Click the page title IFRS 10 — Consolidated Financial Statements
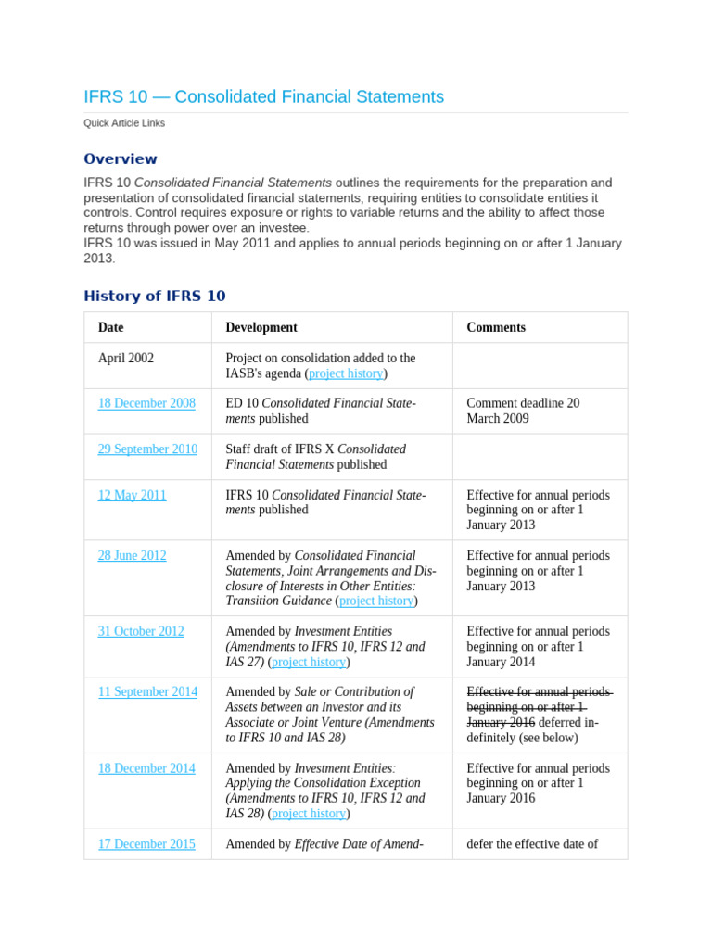(x=263, y=97)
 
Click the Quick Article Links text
(x=124, y=123)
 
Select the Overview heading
(x=121, y=159)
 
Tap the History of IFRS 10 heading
(x=154, y=297)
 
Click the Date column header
(x=110, y=327)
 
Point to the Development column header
(x=261, y=327)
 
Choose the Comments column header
(x=496, y=327)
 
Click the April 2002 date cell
(x=126, y=358)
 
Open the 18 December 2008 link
(x=146, y=403)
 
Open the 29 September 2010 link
(x=147, y=449)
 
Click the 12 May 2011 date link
(x=132, y=495)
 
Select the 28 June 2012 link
(x=132, y=556)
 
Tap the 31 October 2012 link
(x=141, y=631)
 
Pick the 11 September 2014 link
(x=147, y=692)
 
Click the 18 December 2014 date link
(x=146, y=768)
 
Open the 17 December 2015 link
(x=146, y=844)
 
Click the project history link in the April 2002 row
(x=346, y=373)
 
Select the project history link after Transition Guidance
(x=376, y=601)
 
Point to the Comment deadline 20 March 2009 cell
(x=523, y=411)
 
